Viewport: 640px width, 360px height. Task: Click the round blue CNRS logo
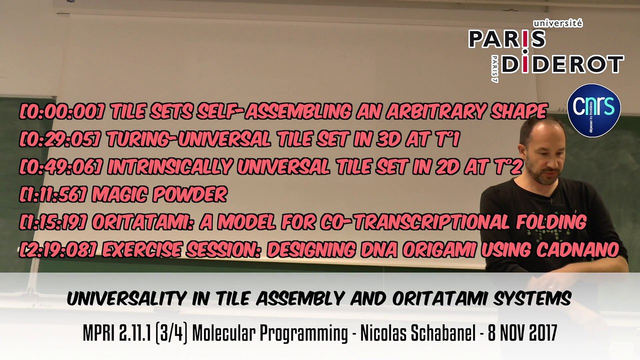click(594, 110)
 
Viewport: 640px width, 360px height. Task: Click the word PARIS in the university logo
click(506, 39)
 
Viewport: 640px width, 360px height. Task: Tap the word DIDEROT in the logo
click(562, 64)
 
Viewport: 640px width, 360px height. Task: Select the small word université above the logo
click(557, 23)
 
